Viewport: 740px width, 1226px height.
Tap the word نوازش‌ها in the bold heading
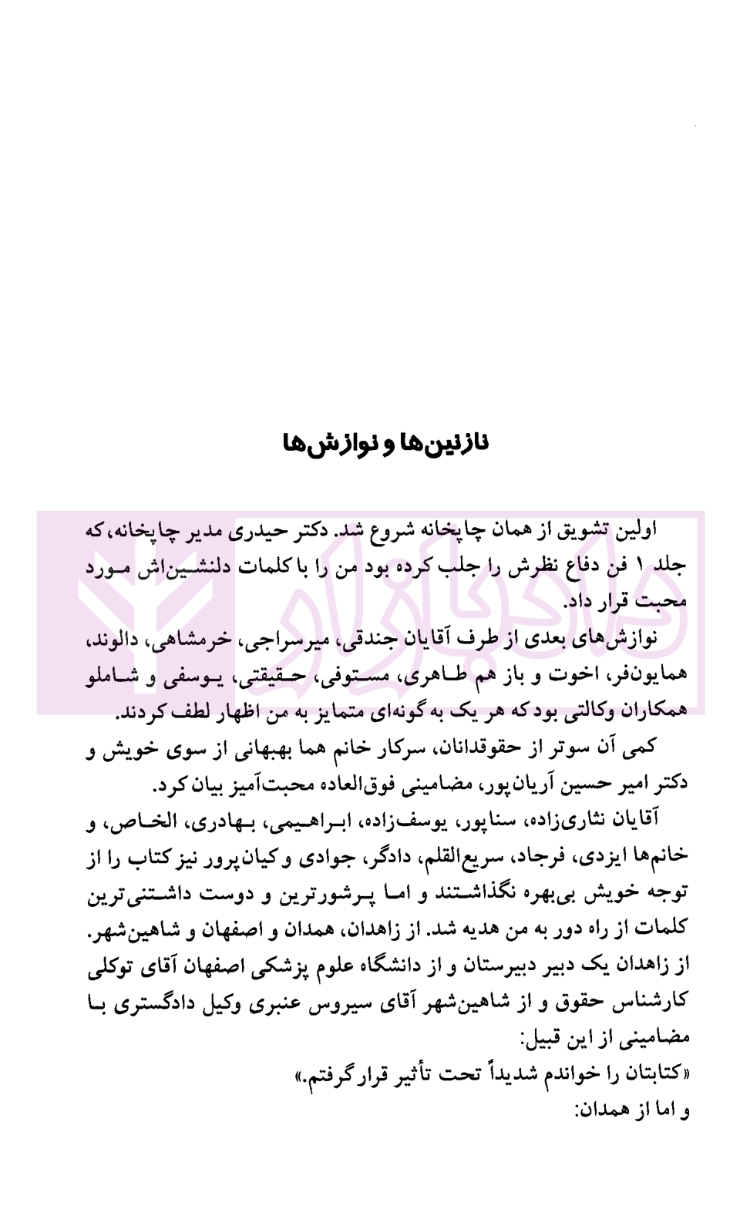316,445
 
